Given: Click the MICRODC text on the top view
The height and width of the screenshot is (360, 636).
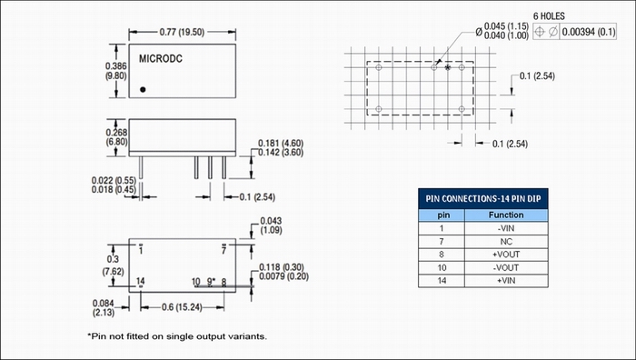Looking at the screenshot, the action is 161,59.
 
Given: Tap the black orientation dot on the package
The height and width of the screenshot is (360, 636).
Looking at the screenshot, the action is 143,90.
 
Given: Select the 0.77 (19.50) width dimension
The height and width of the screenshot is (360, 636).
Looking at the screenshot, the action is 182,32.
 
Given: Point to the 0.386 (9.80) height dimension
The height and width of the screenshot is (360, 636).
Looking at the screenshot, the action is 116,71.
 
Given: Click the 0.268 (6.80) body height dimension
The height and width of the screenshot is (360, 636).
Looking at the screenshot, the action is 116,137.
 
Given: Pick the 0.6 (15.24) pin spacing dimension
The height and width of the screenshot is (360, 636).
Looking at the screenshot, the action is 182,307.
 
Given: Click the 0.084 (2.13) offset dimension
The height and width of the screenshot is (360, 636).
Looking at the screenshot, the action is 104,308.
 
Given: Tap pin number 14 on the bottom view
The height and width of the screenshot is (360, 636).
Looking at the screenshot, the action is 140,281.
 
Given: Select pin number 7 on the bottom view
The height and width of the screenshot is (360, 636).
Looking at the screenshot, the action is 224,250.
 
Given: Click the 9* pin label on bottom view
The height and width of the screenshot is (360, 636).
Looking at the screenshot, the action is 211,281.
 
